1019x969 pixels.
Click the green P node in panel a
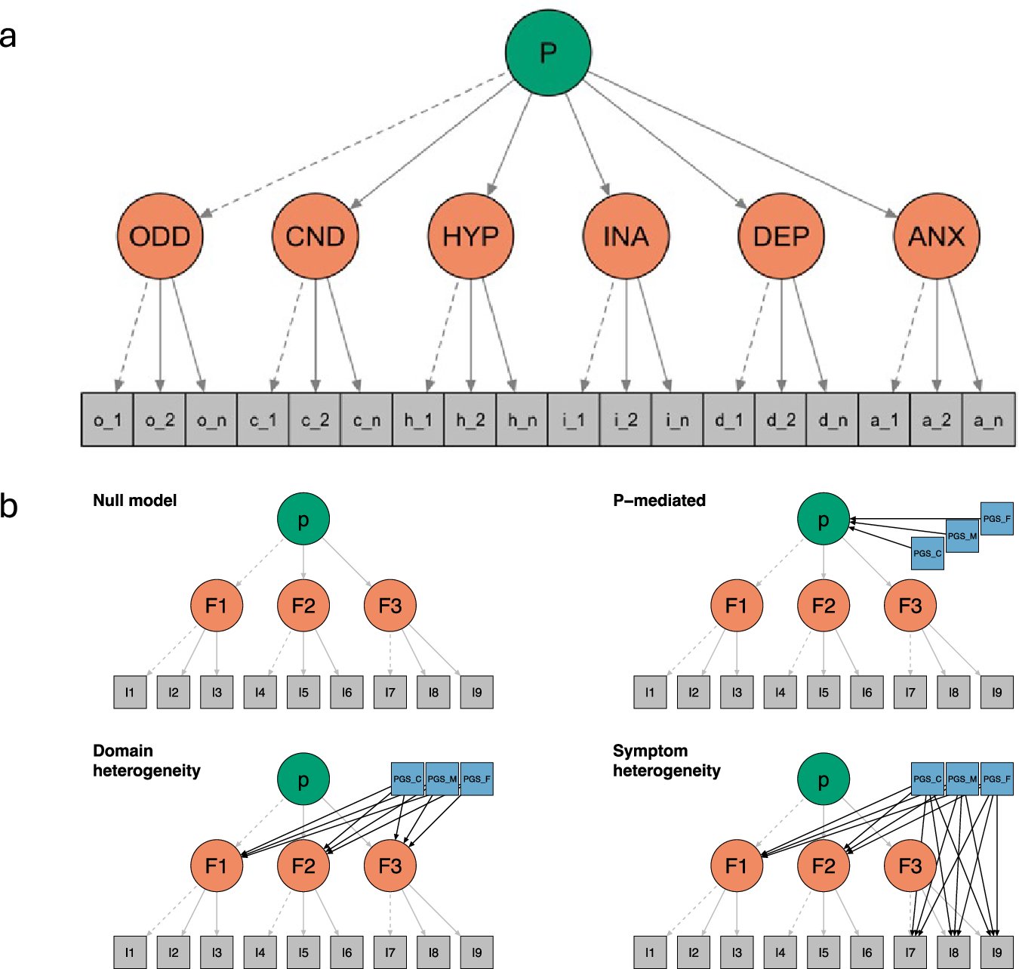[548, 52]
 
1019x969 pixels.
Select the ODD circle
[160, 236]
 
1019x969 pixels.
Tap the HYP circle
[470, 236]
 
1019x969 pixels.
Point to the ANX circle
[936, 236]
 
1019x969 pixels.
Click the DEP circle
[781, 236]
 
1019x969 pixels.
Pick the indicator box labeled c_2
[315, 420]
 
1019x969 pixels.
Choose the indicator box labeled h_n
[522, 420]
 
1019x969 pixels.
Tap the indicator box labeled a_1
[884, 420]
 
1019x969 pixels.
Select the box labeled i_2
[626, 420]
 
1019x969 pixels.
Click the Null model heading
[134, 501]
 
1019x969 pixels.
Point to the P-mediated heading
[659, 501]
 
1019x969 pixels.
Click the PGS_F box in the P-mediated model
[996, 519]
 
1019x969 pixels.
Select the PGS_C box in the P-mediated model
[927, 553]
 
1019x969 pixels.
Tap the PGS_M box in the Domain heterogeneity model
[442, 779]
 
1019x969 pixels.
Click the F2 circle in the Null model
[303, 606]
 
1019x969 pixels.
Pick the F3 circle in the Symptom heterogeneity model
[910, 866]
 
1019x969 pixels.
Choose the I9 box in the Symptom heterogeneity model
[996, 952]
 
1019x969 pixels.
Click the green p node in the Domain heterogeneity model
[303, 779]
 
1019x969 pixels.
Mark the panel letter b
[9, 505]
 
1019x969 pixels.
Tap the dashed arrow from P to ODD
[355, 143]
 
